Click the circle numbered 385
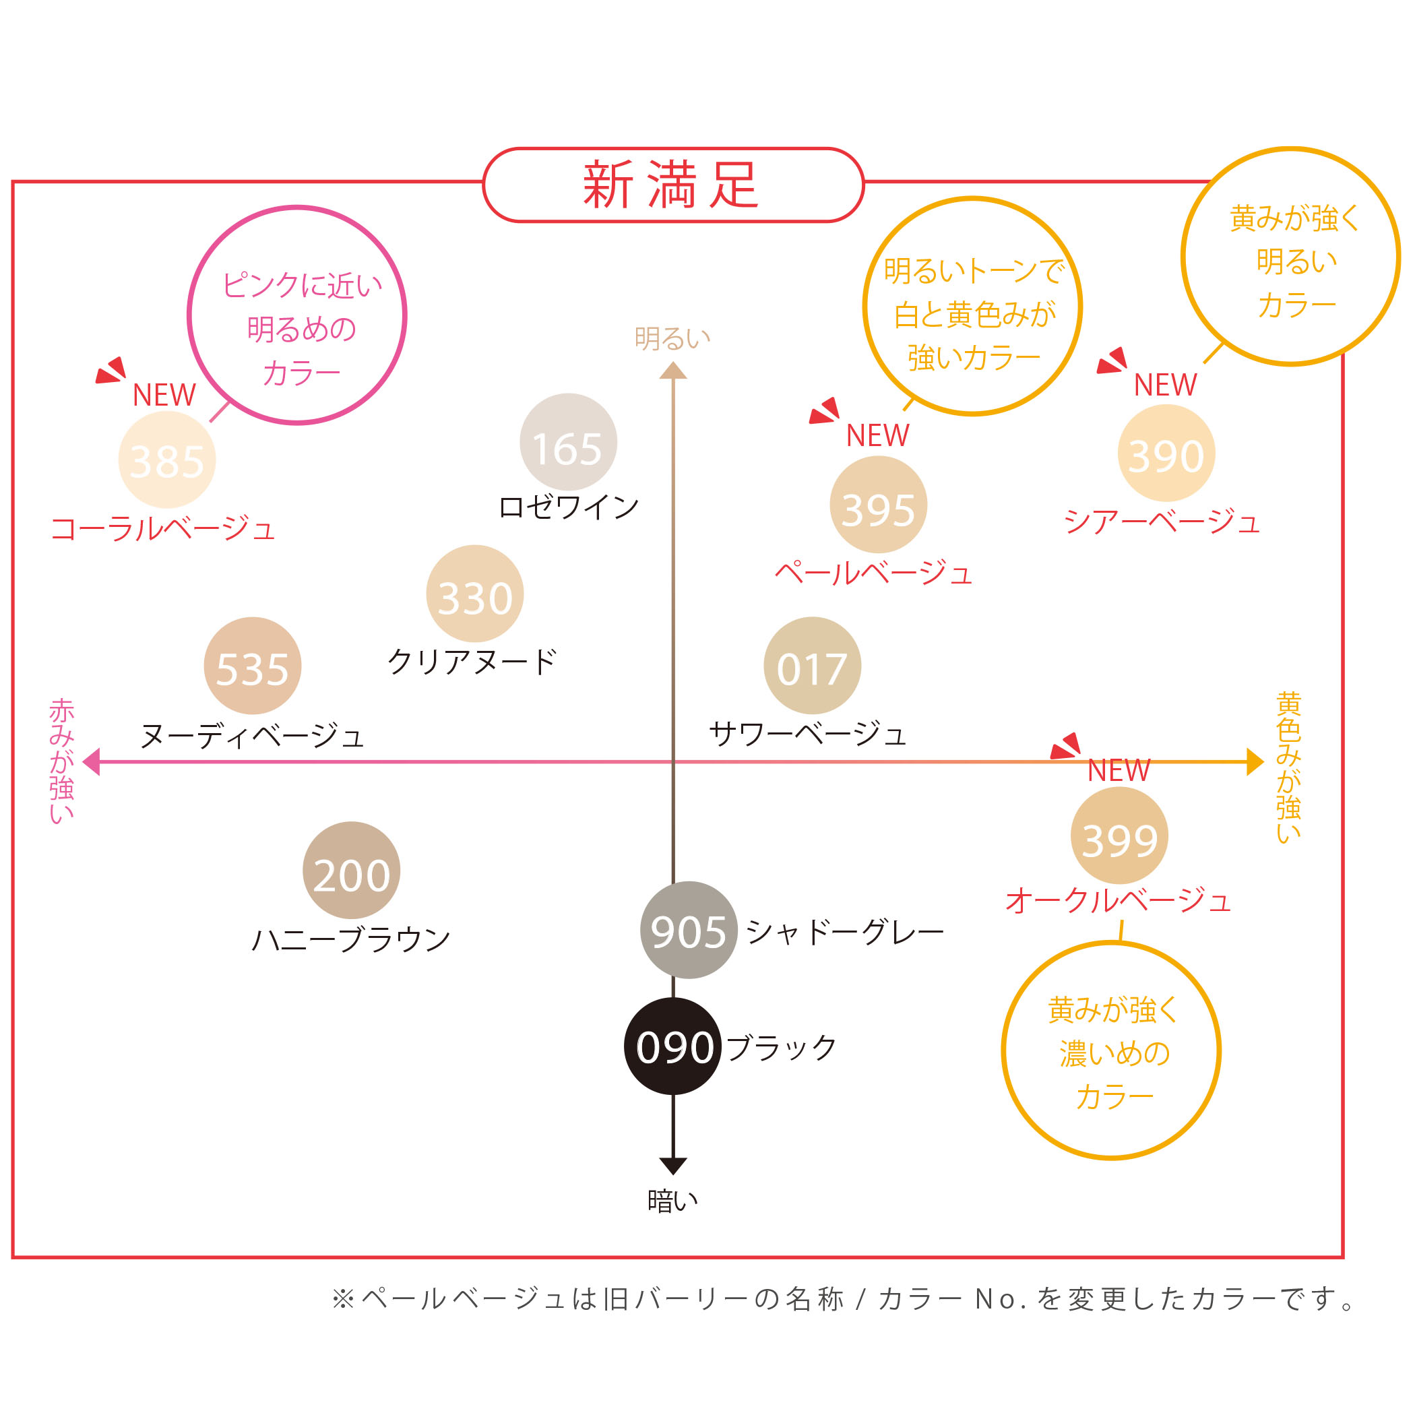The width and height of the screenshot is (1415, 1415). click(167, 460)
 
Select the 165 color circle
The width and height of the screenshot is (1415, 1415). click(568, 441)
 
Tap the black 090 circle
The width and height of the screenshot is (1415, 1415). click(673, 1046)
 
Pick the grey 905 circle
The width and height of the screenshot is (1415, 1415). click(689, 929)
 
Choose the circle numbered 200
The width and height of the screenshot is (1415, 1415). click(352, 870)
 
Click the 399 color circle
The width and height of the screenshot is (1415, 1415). click(1119, 835)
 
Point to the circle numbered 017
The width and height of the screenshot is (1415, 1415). click(812, 665)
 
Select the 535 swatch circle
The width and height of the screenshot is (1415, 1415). click(253, 665)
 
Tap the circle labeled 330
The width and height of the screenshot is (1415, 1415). click(474, 593)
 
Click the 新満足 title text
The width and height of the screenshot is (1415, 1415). click(671, 185)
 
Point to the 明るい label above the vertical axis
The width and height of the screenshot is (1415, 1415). click(672, 338)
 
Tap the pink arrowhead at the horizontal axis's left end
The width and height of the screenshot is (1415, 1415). click(91, 761)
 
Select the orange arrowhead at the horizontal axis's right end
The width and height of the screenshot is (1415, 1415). click(1255, 761)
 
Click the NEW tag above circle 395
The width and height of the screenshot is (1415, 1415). click(877, 435)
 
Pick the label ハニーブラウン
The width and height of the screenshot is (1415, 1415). click(351, 939)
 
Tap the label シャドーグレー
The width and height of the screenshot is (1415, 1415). click(845, 932)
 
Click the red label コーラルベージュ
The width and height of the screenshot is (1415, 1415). click(162, 528)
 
